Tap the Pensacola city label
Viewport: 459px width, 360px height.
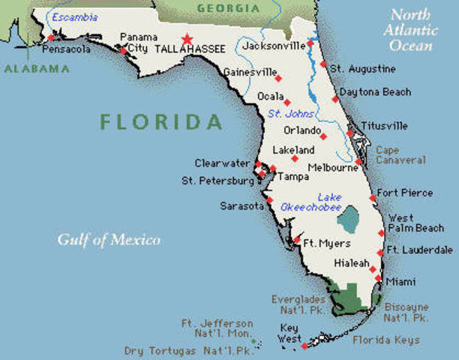coord(66,49)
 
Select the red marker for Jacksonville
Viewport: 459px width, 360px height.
coord(310,43)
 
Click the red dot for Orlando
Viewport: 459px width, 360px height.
coord(323,136)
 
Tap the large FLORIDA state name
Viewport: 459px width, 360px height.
coord(161,121)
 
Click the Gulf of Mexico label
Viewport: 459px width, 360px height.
coord(109,240)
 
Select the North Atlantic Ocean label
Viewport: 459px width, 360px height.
coord(412,31)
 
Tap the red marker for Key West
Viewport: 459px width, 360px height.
coord(304,346)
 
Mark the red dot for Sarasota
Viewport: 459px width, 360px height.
coord(269,200)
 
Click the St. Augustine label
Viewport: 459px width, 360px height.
coord(363,69)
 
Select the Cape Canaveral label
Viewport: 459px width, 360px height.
coord(400,154)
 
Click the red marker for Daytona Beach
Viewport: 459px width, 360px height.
coord(335,98)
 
